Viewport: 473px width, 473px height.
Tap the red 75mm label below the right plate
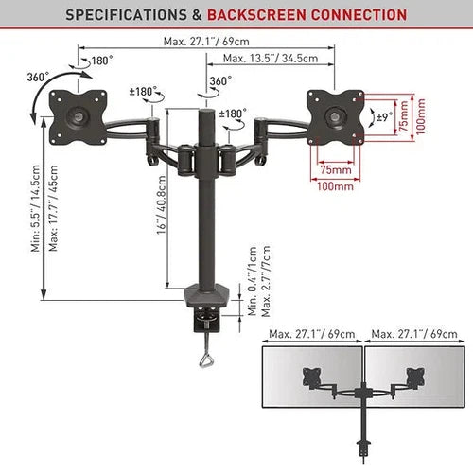pyautogui.click(x=331, y=170)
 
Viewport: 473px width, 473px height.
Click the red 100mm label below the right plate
pyautogui.click(x=331, y=188)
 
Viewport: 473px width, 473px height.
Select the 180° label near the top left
pyautogui.click(x=100, y=61)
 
